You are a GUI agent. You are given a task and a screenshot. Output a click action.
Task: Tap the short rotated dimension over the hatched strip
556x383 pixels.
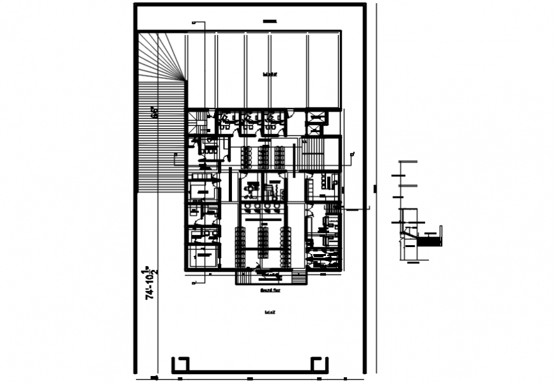click(154, 112)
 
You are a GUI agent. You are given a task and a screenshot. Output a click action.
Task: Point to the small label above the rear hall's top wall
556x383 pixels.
click(270, 22)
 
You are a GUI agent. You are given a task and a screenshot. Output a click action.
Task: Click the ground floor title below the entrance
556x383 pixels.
click(271, 290)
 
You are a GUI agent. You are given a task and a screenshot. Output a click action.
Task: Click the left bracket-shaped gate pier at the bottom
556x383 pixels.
click(180, 364)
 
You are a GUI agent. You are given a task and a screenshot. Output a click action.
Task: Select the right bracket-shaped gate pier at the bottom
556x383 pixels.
click(320, 364)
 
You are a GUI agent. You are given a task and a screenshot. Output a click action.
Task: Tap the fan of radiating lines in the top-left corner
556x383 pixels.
click(163, 57)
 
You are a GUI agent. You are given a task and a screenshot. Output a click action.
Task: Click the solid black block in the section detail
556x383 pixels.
click(432, 241)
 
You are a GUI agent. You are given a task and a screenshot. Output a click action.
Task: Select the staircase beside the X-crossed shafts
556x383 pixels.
click(313, 153)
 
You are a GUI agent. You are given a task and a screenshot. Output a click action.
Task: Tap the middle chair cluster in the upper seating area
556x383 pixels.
click(263, 155)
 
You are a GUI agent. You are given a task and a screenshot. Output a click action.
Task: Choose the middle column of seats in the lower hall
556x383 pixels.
click(263, 237)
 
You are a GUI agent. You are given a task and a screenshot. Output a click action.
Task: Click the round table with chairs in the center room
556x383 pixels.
click(251, 188)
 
